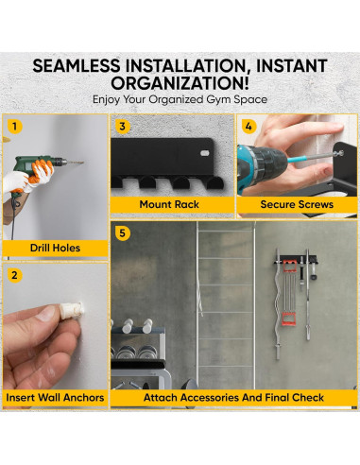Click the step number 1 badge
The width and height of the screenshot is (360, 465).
(x=14, y=127)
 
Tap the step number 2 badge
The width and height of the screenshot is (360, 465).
(x=14, y=275)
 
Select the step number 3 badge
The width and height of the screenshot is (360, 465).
(x=122, y=127)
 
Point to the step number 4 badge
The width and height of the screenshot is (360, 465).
(x=249, y=127)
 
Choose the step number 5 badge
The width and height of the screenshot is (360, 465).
(x=122, y=233)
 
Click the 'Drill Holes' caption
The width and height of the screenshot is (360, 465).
(x=55, y=248)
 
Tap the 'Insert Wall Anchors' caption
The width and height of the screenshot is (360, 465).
(x=55, y=398)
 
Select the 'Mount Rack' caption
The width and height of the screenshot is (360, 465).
(x=169, y=204)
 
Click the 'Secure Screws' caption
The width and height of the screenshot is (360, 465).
(x=297, y=204)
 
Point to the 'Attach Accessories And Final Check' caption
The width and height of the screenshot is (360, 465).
(x=233, y=398)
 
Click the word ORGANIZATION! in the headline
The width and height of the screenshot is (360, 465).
(x=180, y=83)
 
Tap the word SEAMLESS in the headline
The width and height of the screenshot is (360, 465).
(x=77, y=66)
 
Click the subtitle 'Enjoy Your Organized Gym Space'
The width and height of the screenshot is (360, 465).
(x=180, y=99)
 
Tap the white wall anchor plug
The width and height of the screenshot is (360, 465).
(x=73, y=310)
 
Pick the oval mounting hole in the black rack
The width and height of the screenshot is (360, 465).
(x=205, y=153)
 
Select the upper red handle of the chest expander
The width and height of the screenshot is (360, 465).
(x=289, y=267)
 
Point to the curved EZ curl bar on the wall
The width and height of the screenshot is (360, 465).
(x=277, y=304)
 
